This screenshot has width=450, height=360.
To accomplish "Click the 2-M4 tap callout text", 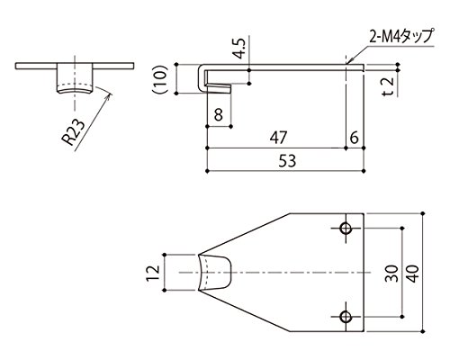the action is pos(401,37).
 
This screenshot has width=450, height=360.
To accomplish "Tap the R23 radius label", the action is pos(73,131).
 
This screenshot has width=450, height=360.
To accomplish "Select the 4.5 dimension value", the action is pos(240,49).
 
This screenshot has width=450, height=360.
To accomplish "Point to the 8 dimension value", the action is pos(219,114).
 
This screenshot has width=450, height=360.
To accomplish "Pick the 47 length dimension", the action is pos(278,138).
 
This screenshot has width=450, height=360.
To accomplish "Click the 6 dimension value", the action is pos(355,138).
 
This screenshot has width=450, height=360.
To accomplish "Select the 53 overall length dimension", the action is pos(287,161).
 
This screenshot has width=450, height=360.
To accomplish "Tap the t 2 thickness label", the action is pos(389,86).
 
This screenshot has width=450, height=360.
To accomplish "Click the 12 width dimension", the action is pos(153,273).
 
